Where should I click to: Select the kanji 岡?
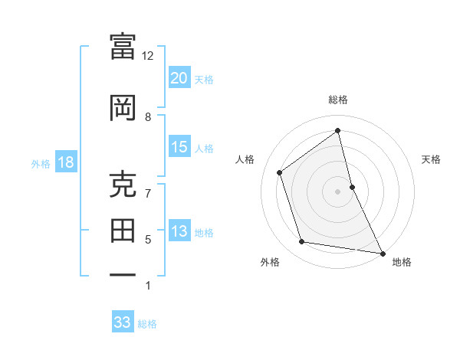tap(123, 109)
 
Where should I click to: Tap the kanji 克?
tap(123, 185)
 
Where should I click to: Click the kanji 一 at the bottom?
tap(123, 275)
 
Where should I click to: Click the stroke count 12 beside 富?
tap(147, 56)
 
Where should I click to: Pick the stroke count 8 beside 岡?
tap(148, 116)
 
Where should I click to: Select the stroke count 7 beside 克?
tap(148, 193)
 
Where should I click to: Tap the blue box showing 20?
tap(179, 77)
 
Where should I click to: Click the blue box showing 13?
tap(179, 231)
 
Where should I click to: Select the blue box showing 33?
tap(122, 322)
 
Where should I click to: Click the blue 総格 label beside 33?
tap(147, 324)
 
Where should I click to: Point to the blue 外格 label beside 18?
tap(41, 163)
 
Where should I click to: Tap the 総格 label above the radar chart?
tap(337, 100)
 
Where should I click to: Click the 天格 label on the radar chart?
tap(431, 159)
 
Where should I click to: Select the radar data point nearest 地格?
tap(382, 253)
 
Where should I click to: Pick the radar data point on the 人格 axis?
tap(280, 172)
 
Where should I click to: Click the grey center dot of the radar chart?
tap(337, 191)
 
